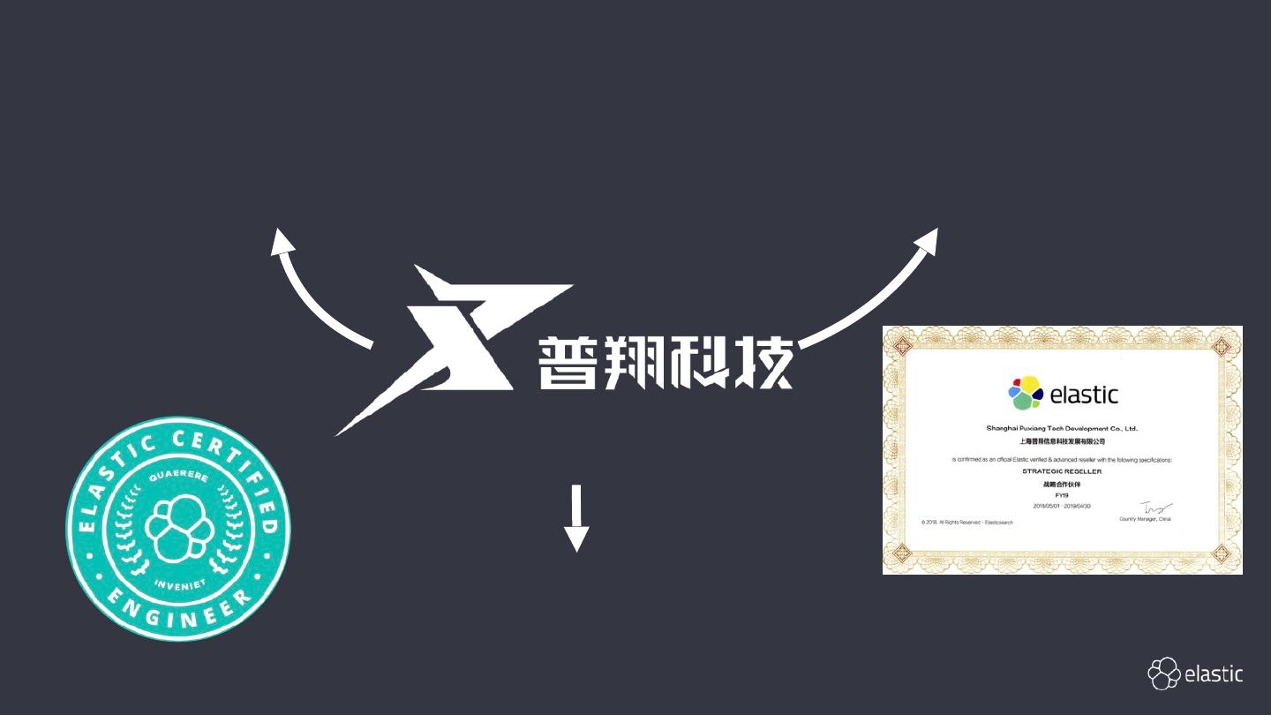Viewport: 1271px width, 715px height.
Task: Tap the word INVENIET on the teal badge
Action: tap(178, 583)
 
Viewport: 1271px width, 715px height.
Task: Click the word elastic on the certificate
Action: tap(1084, 395)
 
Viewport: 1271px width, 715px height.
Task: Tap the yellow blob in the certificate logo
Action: tap(1030, 384)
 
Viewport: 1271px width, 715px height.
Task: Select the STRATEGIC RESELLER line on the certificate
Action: tap(1062, 471)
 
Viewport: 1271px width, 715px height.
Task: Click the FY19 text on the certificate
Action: tap(1062, 495)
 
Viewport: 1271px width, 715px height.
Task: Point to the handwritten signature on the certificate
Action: tap(1155, 508)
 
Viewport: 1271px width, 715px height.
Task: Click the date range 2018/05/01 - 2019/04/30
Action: tap(1062, 506)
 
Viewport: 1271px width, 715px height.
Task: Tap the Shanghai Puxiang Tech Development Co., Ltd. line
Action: tap(1062, 428)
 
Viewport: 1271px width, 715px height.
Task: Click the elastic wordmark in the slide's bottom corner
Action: tap(1214, 674)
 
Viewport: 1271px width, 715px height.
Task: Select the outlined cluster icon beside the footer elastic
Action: tap(1163, 674)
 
